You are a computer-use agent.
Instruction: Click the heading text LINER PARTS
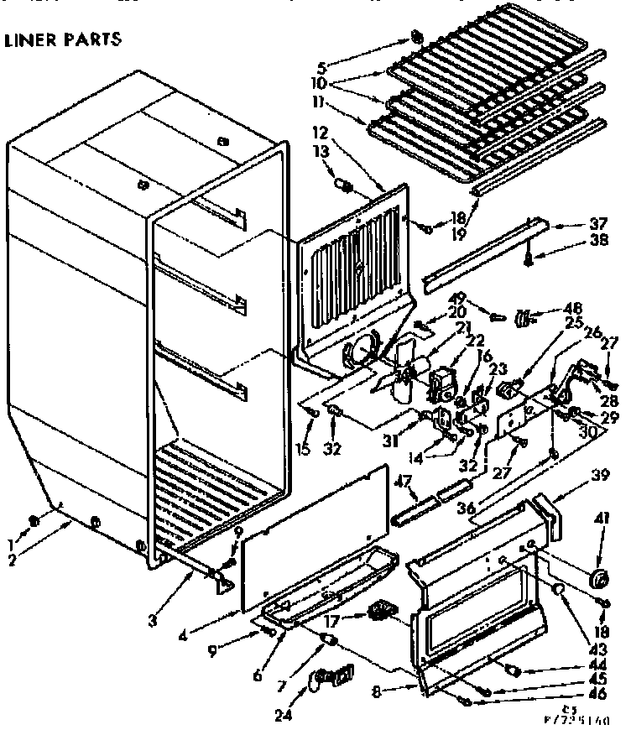(x=64, y=39)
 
